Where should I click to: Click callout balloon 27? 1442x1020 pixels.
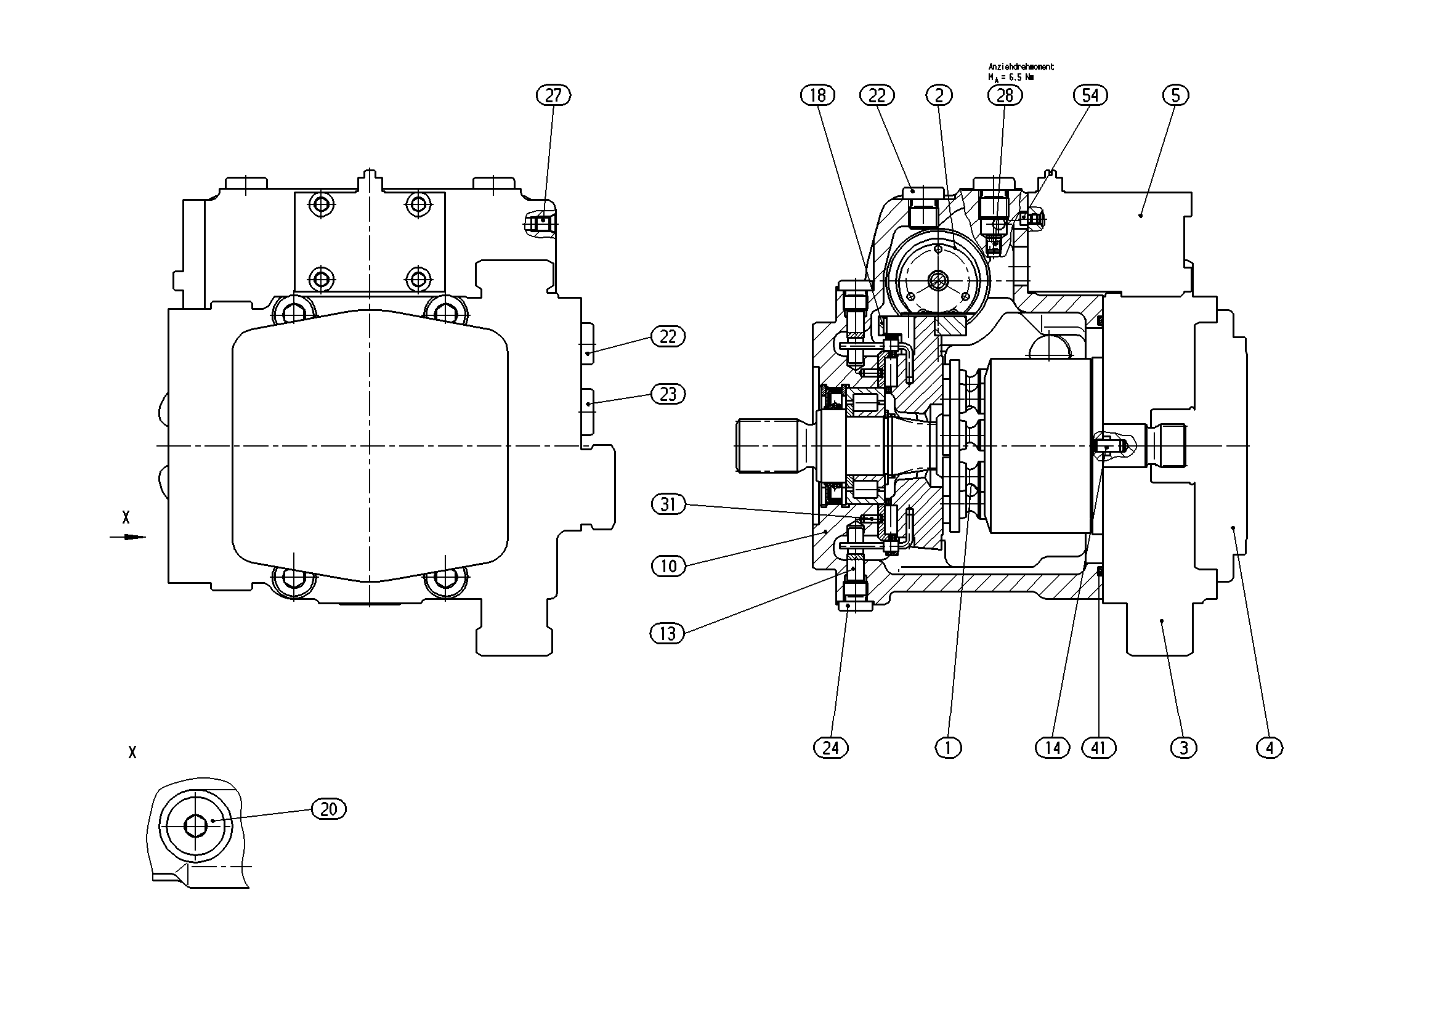coord(553,95)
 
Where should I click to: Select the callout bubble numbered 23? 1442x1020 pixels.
coord(668,394)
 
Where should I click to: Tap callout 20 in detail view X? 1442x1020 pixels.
coord(329,809)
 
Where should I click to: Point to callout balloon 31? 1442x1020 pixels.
coord(668,504)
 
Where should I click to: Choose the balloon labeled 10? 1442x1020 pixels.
coord(668,566)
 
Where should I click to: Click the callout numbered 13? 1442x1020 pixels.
coord(667,634)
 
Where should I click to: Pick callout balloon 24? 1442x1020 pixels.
coord(831,748)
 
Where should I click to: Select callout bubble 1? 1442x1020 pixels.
coord(949,748)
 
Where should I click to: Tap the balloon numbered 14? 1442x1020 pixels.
coord(1053,748)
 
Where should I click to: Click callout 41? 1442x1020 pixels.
coord(1098,748)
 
